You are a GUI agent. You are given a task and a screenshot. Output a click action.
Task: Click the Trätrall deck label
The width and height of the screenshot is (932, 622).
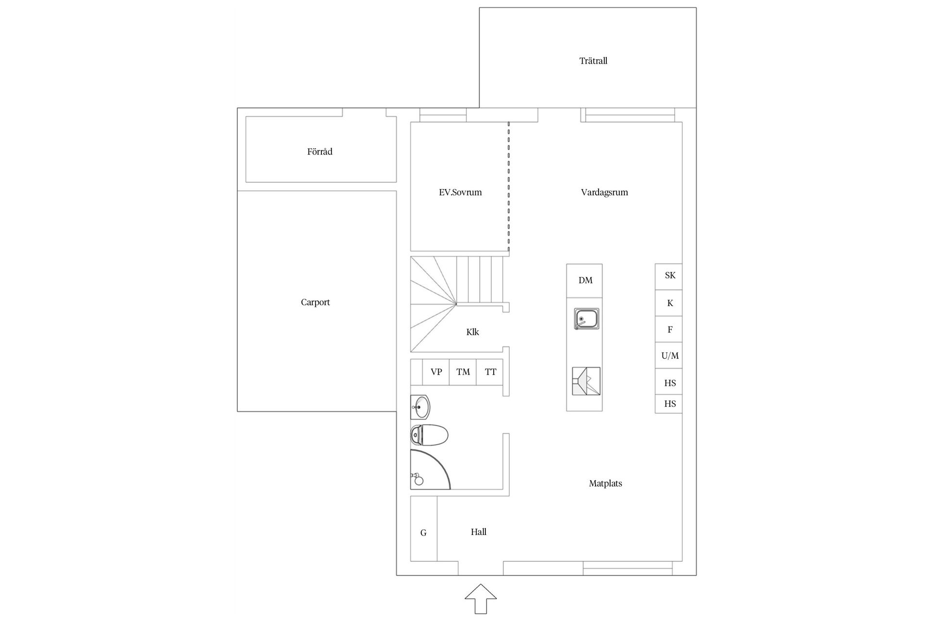click(593, 61)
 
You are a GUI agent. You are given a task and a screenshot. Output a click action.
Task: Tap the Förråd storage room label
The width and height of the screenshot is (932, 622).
click(320, 152)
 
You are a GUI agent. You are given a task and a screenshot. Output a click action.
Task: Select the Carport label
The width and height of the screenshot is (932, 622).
click(315, 302)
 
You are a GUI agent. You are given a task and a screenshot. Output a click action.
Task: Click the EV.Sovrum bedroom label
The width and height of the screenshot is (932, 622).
click(460, 192)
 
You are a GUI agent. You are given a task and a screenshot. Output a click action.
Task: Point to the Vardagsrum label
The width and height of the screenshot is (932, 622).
click(604, 192)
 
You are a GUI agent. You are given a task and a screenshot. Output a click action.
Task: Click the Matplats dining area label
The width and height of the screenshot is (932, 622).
click(605, 483)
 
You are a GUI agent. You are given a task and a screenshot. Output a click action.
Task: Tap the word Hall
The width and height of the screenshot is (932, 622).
click(478, 532)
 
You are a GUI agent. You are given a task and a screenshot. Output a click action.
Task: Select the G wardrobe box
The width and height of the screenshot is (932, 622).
click(423, 533)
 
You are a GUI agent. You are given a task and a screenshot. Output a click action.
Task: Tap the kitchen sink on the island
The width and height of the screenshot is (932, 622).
click(586, 319)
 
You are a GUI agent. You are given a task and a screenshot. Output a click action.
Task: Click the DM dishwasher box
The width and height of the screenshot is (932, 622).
click(585, 280)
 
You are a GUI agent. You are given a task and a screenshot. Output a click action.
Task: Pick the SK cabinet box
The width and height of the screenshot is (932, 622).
click(669, 276)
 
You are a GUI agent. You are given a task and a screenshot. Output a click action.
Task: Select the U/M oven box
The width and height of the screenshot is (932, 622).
click(669, 356)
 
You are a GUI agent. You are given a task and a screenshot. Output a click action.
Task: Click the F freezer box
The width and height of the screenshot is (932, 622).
click(669, 329)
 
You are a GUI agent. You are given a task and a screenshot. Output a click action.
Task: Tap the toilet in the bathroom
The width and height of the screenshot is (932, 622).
click(429, 435)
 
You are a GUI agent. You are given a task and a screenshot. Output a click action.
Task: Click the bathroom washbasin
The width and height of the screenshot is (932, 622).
click(420, 407)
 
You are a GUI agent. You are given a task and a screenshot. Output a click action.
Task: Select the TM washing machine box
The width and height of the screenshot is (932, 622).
click(463, 372)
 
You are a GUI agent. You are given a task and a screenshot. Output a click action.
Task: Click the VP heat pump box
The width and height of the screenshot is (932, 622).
click(436, 372)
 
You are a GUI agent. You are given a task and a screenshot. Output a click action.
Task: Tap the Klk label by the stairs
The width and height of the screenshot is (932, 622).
click(472, 332)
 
